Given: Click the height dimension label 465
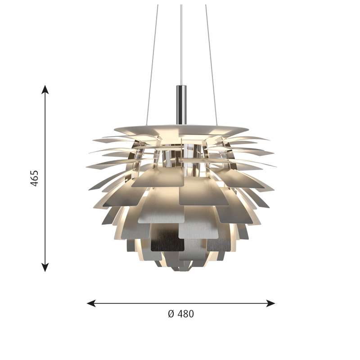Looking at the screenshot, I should tap(35, 178).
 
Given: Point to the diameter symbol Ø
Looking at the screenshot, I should tap(171, 314).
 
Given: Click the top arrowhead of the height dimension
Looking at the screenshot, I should tap(45, 89).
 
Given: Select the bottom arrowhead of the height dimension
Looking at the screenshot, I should tap(45, 268).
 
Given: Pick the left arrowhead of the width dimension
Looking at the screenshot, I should tap(90, 303).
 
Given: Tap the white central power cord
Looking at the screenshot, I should tap(181, 45).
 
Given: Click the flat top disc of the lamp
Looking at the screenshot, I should tap(181, 126).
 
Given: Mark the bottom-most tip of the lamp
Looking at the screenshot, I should tap(181, 270).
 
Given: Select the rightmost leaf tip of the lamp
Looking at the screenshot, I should tap(275, 166).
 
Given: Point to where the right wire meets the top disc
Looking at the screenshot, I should tap(217, 124).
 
